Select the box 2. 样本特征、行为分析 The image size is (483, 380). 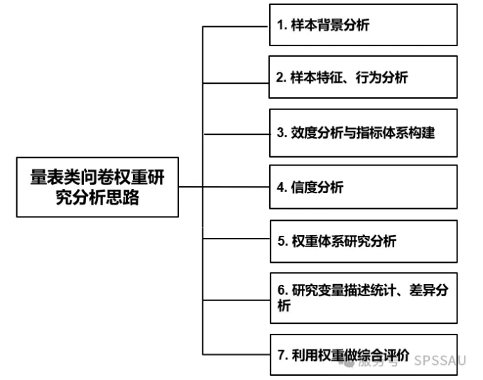[362, 77]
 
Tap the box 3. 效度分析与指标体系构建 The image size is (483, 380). [362, 132]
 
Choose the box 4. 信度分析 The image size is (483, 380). [362, 188]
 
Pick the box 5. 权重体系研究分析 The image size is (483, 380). [362, 241]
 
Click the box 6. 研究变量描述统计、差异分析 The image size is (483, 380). [362, 298]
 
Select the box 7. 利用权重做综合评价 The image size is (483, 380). [362, 355]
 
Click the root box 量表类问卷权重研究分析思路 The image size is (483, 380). [97, 187]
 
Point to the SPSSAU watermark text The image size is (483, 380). [440, 359]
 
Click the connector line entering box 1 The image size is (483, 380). [236, 26]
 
